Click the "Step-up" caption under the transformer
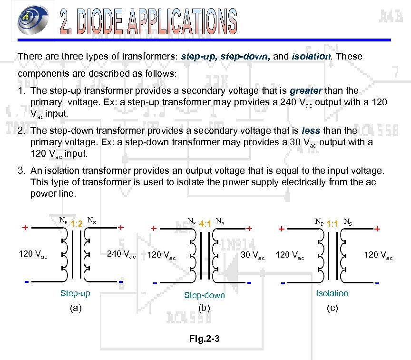coord(75,293)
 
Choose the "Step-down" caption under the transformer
coord(205,295)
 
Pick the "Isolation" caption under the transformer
coord(332,293)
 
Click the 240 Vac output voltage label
coord(121,254)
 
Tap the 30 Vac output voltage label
coord(253,255)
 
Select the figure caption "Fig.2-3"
coord(205,339)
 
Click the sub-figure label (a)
coord(75,308)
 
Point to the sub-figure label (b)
coord(205,308)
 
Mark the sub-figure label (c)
coord(332,308)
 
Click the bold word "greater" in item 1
coord(306,90)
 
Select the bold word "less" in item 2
coord(312,130)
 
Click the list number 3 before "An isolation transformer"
coord(21,170)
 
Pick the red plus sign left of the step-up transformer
coord(24,228)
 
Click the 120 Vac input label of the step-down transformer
coord(162,256)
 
